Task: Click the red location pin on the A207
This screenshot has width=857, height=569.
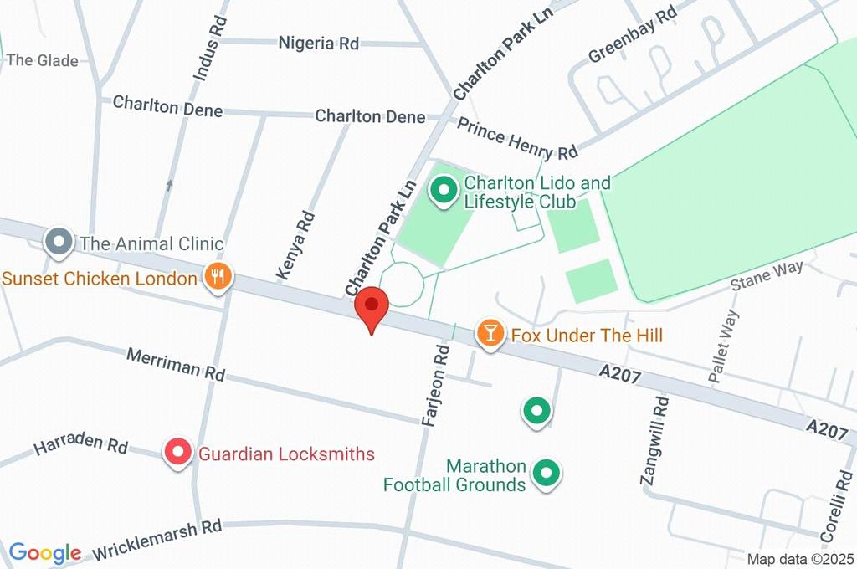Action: (372, 306)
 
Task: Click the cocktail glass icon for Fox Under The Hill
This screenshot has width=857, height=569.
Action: (489, 335)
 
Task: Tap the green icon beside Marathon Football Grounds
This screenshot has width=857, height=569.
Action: (547, 474)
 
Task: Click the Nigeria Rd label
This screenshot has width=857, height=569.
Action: (318, 43)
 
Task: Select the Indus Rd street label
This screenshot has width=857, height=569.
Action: (210, 49)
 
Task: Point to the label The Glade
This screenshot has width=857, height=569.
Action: (42, 60)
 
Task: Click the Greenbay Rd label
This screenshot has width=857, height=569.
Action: (632, 36)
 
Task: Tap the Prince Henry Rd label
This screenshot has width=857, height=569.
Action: (517, 138)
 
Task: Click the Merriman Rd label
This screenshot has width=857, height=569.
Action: (176, 366)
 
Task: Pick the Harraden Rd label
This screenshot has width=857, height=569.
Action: (80, 448)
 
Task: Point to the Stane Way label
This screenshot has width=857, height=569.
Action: (767, 274)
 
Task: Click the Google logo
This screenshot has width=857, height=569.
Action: (45, 553)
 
